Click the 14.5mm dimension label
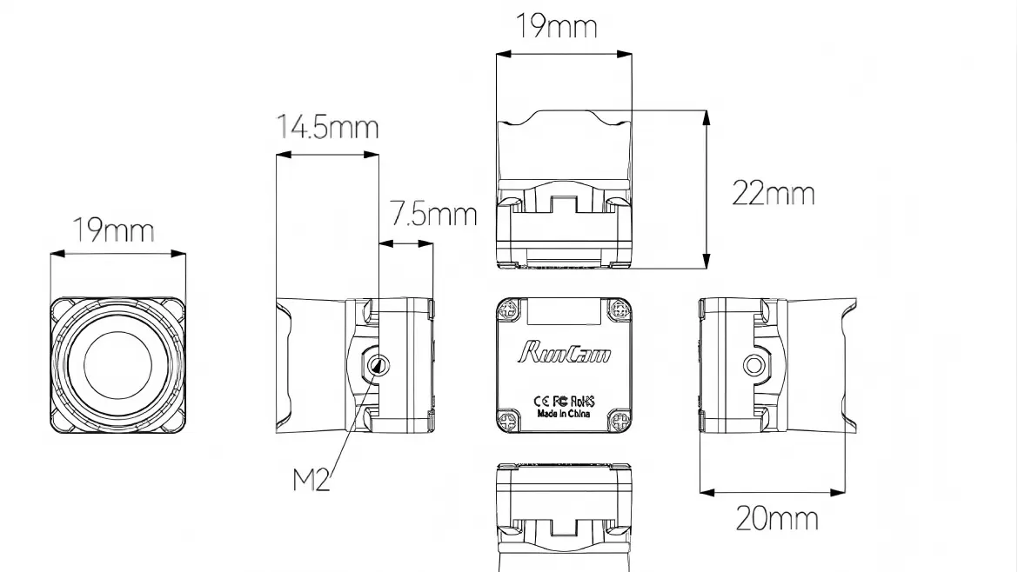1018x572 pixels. coord(327,127)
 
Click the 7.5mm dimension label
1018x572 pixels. coord(432,213)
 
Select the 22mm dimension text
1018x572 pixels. coord(773,193)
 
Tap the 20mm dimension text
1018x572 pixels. coord(776,519)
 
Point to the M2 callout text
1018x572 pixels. coord(311,480)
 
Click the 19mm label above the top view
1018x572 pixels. coord(557,26)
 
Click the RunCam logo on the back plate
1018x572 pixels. coord(564,352)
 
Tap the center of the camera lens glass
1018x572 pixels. coord(117,365)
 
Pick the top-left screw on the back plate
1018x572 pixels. coord(509,309)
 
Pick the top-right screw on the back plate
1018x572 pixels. coord(620,309)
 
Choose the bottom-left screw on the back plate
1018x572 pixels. coord(509,421)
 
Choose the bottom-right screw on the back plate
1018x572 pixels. coord(620,421)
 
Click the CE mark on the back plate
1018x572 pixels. coord(539,401)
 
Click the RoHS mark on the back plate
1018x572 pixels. coord(586,401)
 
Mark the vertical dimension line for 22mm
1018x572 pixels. coord(706,189)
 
